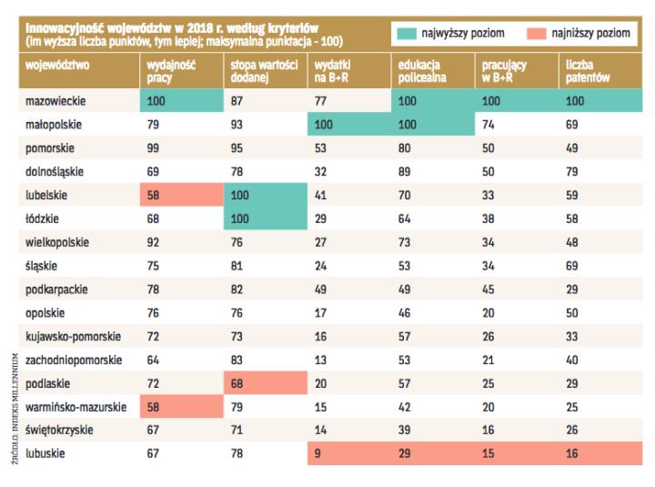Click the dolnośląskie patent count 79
[573, 170]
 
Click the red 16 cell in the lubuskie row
[573, 452]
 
